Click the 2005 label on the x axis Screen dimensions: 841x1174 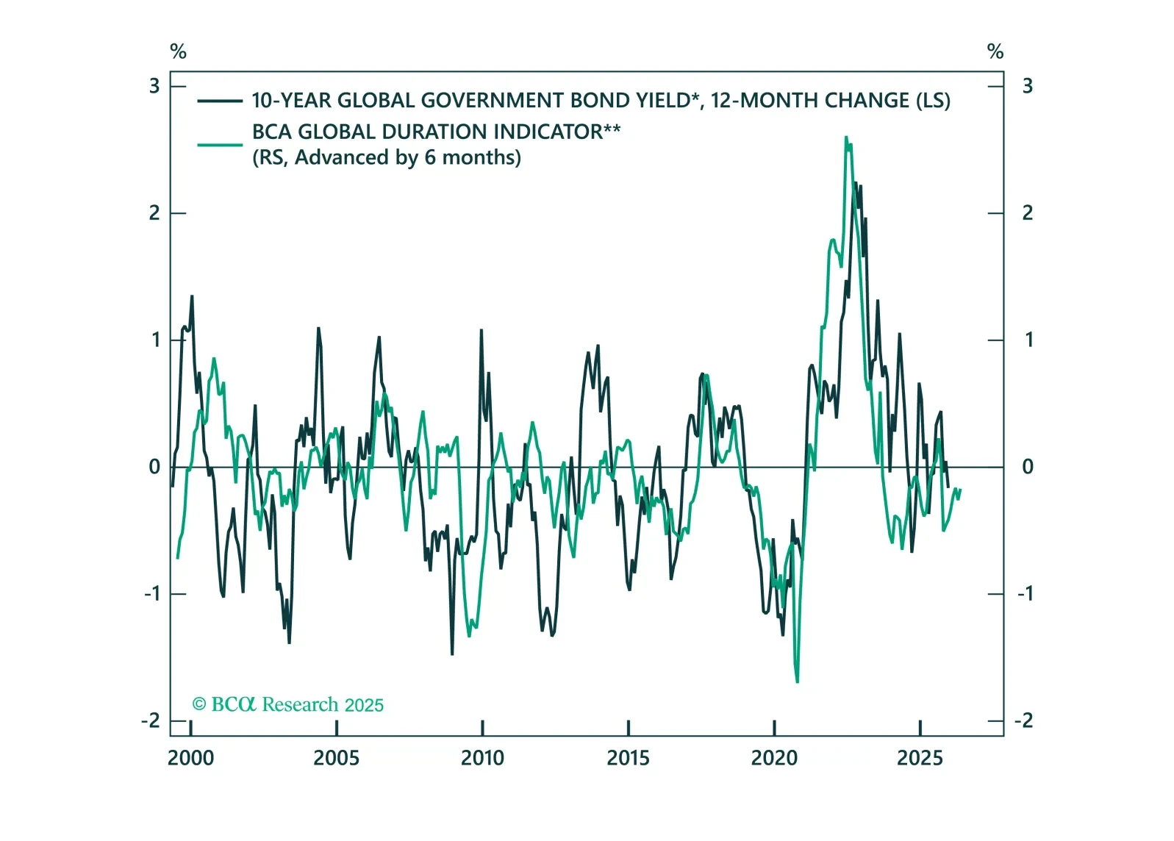[336, 758]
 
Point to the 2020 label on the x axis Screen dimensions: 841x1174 [773, 758]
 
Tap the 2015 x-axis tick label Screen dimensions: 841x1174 [628, 758]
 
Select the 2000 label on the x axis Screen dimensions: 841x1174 [190, 758]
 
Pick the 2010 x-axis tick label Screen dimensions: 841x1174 [482, 758]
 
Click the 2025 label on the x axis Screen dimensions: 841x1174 [920, 758]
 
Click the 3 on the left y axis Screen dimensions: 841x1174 [154, 87]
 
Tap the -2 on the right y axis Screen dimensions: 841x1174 [1024, 720]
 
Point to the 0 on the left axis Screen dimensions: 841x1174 [154, 467]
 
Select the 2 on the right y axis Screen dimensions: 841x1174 [1028, 213]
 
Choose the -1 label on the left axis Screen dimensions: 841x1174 [151, 594]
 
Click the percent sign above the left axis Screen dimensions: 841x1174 [178, 51]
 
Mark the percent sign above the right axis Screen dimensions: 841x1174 [995, 51]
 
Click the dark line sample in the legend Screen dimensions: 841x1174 [220, 101]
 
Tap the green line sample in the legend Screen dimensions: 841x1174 [220, 145]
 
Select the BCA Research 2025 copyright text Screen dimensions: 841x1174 [287, 705]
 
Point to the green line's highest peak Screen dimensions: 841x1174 [846, 137]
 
